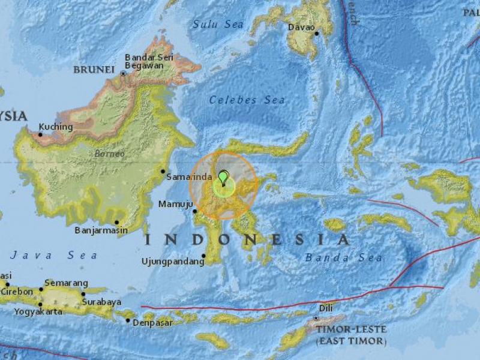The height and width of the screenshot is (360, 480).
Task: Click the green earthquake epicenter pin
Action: tap(224, 178)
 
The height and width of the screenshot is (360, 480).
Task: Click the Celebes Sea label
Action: tap(247, 100)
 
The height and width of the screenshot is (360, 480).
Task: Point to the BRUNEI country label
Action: tap(94, 70)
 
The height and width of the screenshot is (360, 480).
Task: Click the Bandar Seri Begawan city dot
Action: tap(123, 73)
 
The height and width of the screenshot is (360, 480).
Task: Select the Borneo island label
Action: tap(109, 154)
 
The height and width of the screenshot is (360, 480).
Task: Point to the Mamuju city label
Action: tap(175, 205)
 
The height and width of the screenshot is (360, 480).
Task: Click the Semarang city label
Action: tap(68, 283)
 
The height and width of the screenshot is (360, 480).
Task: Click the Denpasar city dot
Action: tap(128, 321)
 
